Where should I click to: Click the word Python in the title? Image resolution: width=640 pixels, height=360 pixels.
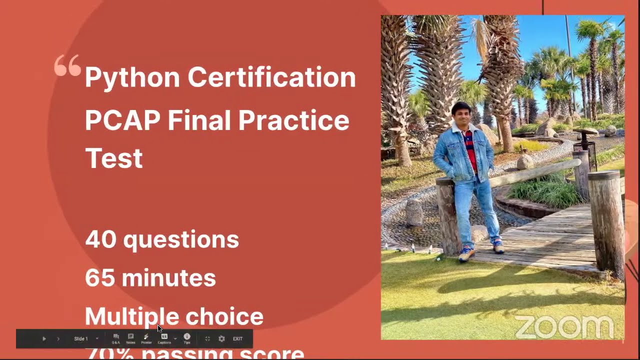pos(132,78)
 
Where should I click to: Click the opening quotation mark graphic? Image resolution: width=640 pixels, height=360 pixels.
pos(67,65)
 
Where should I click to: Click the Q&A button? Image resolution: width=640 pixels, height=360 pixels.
pos(116,338)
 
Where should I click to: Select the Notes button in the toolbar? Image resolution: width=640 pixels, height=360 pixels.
pos(130,338)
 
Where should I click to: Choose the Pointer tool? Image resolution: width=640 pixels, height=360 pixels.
pos(146,338)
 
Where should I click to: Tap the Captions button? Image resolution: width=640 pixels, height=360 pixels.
pos(164,338)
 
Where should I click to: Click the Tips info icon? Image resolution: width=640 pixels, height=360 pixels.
pos(187,338)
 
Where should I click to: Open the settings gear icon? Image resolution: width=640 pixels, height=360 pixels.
pos(221,338)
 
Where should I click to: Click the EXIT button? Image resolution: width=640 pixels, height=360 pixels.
pos(237,338)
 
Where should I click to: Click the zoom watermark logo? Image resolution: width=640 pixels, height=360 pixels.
pos(564,327)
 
